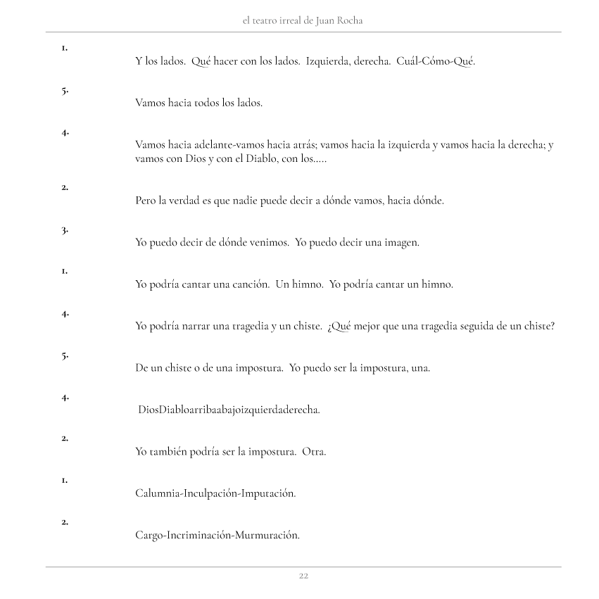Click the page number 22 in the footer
point(303,576)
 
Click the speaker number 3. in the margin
point(64,229)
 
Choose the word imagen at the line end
point(399,243)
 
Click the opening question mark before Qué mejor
point(330,326)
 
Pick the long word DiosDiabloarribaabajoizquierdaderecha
point(229,410)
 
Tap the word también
point(169,452)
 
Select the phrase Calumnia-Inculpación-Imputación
point(215,493)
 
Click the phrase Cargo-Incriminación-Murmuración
point(217,536)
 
